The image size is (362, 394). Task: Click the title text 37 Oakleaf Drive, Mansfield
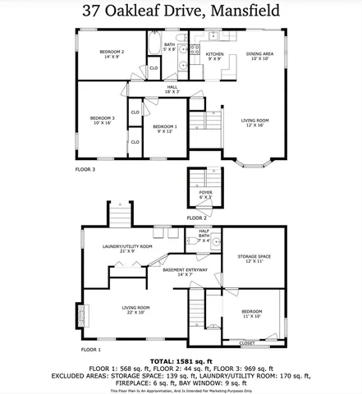point(181,12)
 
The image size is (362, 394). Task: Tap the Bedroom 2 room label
point(112,55)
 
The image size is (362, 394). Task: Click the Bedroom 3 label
point(102,120)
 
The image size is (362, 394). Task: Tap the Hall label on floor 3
point(172,89)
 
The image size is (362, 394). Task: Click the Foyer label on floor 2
point(204,195)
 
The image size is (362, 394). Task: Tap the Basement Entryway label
point(185,273)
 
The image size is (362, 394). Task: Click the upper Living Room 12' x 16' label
point(254,124)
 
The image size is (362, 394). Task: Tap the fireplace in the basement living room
point(80,316)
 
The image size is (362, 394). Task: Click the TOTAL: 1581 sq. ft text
point(181,360)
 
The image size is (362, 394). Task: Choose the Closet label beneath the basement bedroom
point(246,342)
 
